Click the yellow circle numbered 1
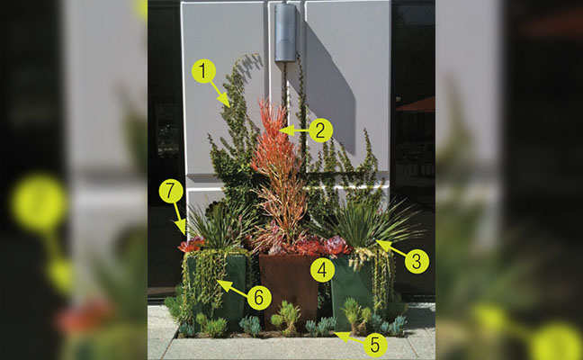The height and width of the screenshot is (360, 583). (203, 71)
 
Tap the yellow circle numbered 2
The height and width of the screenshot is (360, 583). (320, 130)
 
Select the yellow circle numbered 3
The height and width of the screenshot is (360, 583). (417, 261)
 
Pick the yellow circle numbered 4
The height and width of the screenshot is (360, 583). (322, 270)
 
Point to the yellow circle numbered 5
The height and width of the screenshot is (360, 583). (375, 345)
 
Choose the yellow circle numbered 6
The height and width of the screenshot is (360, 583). (259, 298)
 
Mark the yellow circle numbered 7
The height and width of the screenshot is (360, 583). (171, 191)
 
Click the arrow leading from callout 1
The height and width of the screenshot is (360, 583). (220, 94)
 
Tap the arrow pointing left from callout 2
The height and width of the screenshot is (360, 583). (293, 130)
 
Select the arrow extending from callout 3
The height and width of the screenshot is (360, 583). (390, 248)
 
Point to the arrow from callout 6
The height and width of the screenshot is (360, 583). (232, 288)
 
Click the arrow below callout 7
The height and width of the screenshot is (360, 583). (180, 219)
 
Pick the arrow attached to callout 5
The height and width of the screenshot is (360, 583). (349, 337)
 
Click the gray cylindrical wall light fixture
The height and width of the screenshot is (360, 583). (285, 32)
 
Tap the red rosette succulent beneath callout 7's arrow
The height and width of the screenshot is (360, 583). (192, 244)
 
